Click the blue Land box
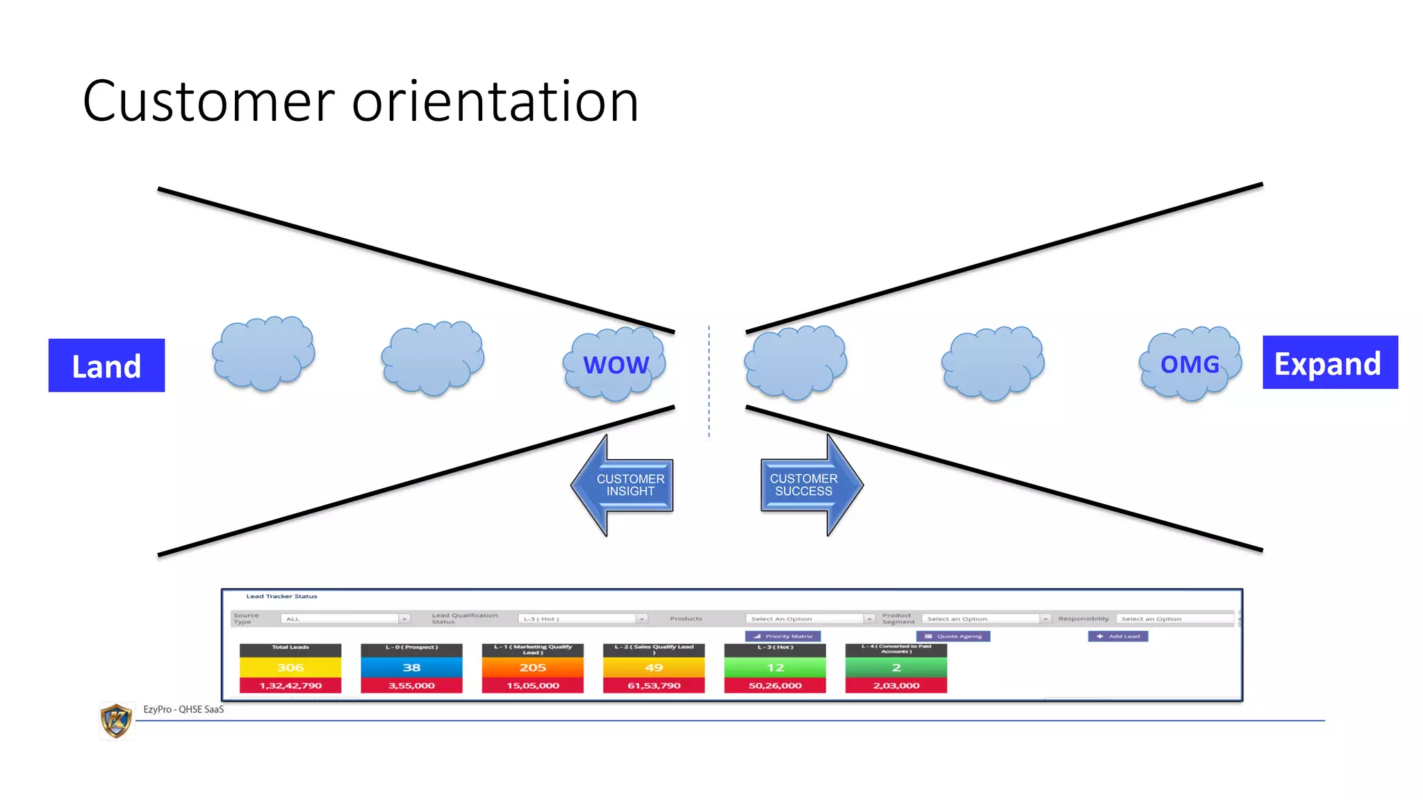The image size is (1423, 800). coord(106,365)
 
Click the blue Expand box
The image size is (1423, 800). coord(1329,362)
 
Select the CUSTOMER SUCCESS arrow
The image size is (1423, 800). coord(810,485)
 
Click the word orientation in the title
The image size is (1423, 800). coord(495,101)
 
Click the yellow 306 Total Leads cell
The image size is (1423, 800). coord(290,667)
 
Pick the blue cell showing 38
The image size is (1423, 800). coord(411,667)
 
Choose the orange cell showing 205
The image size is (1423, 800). coord(532,667)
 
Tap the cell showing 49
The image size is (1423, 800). coord(654,667)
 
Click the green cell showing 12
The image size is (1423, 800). coord(775,667)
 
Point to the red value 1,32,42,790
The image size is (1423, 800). coord(290,685)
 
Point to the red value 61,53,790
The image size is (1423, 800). coord(654,685)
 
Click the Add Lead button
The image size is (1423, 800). coord(1118,636)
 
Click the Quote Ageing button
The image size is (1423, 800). coord(953,636)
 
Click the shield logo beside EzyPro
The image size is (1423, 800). coord(116,721)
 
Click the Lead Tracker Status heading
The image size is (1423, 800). coord(281,596)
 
